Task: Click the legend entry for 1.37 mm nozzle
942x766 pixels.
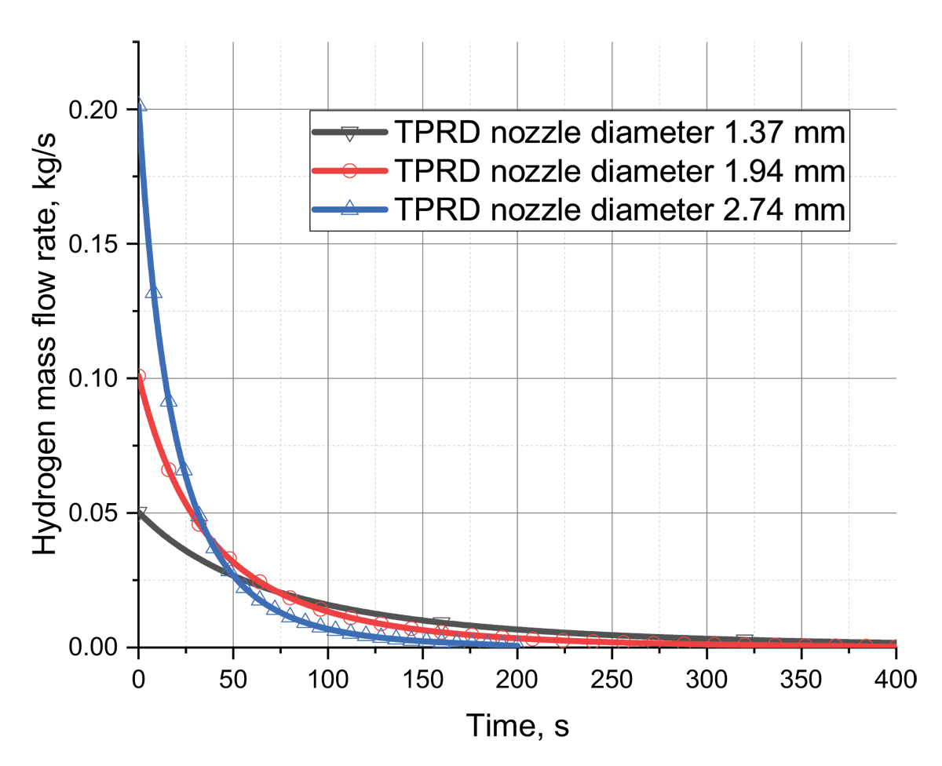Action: coord(579,132)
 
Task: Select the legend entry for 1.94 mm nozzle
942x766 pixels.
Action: coord(579,170)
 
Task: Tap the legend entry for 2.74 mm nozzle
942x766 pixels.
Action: coord(579,209)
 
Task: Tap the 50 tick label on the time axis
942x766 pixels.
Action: coord(233,679)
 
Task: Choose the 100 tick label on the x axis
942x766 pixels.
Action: coord(327,679)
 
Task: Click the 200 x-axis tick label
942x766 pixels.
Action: coord(517,679)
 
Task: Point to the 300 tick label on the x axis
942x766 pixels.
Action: coord(706,679)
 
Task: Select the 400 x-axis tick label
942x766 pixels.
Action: coord(896,679)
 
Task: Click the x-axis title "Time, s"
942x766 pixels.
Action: coord(517,726)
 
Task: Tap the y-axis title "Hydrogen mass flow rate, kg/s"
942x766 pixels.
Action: coord(44,344)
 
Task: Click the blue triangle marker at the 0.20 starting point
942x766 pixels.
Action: coord(140,104)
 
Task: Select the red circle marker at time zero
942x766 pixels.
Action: coord(139,376)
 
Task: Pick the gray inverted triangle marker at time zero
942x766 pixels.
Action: coord(141,512)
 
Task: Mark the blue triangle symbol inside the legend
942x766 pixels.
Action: coord(349,208)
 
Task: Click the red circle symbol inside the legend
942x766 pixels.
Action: coord(349,170)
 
